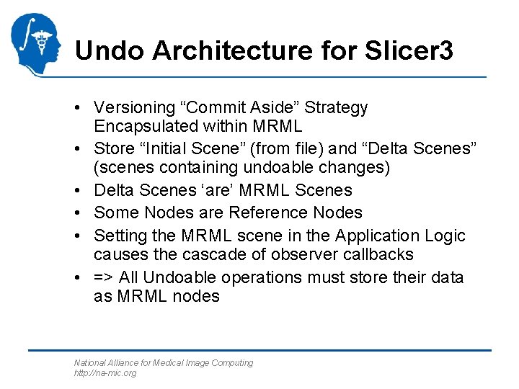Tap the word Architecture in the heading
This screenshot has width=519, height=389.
(226, 50)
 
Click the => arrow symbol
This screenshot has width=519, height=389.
(103, 277)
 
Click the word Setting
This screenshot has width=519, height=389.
(120, 236)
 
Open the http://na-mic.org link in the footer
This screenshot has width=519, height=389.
(105, 373)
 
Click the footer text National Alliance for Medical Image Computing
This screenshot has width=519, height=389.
(164, 363)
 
